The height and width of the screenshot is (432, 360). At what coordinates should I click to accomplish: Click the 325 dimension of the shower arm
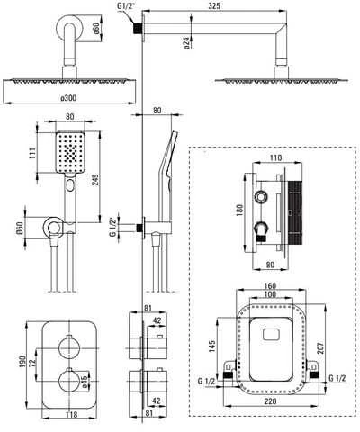pos(214,5)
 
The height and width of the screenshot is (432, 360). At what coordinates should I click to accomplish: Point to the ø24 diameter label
pos(186,42)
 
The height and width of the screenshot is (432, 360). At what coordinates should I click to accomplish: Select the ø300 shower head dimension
pos(68,98)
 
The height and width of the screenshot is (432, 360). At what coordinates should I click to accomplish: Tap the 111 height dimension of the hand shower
pos(32,153)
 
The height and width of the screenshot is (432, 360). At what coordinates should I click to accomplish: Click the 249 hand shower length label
pos(95,180)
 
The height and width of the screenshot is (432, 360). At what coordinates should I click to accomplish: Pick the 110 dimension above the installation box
pos(275,157)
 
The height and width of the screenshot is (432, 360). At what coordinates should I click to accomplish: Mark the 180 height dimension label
pos(239,211)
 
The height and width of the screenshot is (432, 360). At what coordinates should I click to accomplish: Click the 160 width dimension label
pos(270,286)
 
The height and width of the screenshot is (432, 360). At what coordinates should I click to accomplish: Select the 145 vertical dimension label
pos(212,346)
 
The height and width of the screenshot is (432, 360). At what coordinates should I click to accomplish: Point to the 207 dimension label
pos(320,347)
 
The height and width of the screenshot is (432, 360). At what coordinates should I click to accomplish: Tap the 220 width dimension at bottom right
pos(270,400)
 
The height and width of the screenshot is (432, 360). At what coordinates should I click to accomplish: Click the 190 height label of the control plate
pos(22,363)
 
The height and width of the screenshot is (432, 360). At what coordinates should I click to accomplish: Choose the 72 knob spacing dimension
pos(33,362)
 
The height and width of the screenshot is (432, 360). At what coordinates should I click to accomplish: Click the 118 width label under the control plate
pos(71,414)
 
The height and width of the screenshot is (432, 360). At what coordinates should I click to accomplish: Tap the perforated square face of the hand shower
pos(70,152)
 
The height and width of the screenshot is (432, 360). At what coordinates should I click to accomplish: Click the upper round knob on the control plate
pos(69,348)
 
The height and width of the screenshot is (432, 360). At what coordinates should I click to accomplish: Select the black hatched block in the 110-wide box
pos(294,212)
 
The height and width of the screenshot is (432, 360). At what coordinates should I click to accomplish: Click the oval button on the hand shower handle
pos(70,185)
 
